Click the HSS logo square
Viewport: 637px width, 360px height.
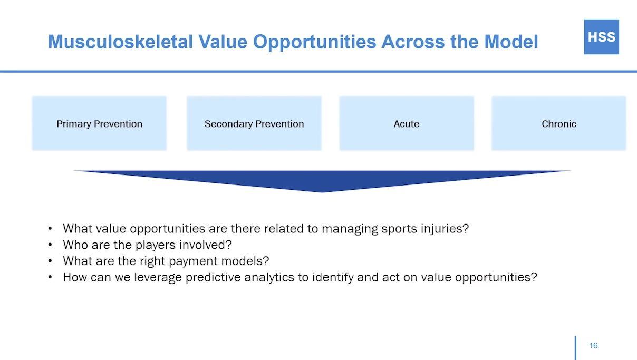[x=602, y=37]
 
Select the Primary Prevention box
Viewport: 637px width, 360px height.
[x=99, y=123]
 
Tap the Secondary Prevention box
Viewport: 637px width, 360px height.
[x=254, y=123]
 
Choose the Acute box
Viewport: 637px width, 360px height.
[x=407, y=123]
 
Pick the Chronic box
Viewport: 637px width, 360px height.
[x=559, y=123]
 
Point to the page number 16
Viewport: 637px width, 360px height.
[x=593, y=345]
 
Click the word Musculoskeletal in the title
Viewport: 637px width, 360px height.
[x=121, y=42]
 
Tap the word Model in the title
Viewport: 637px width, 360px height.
[x=511, y=42]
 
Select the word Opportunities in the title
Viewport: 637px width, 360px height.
[x=314, y=42]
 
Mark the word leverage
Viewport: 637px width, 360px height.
[x=158, y=278]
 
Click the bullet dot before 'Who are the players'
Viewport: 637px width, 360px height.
[x=50, y=245]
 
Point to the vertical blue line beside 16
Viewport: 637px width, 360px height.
[x=576, y=348]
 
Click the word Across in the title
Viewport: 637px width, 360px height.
[x=413, y=42]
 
